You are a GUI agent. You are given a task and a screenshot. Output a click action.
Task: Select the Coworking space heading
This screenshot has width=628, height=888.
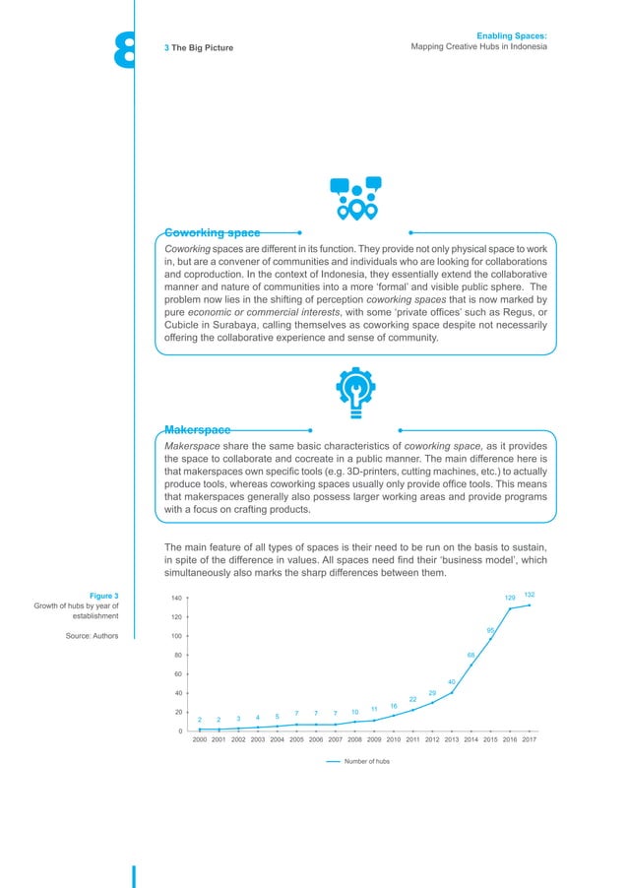pyautogui.click(x=212, y=233)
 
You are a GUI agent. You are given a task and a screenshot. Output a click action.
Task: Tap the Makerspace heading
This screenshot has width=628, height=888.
pyautogui.click(x=198, y=430)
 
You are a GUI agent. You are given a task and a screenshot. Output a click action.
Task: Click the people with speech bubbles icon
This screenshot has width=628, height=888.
pyautogui.click(x=355, y=198)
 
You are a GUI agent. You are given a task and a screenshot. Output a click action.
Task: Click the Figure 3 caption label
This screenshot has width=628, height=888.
pyautogui.click(x=103, y=596)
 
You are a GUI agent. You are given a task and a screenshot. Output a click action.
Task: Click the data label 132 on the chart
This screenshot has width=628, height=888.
pyautogui.click(x=530, y=595)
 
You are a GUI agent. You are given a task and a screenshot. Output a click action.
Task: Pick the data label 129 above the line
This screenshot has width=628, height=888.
pyautogui.click(x=510, y=599)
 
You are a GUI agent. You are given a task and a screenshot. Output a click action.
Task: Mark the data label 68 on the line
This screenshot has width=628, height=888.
pyautogui.click(x=471, y=655)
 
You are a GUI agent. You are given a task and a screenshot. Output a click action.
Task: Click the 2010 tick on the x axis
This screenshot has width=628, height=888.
pyautogui.click(x=394, y=738)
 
